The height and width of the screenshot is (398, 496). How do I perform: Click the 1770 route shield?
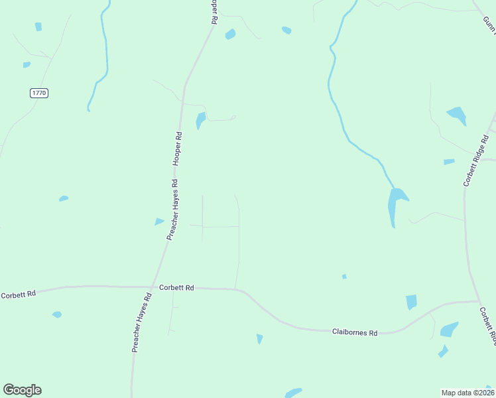coord(39,93)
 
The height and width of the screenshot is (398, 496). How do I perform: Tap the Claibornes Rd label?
coord(354,332)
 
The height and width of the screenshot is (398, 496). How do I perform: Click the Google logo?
coord(22,390)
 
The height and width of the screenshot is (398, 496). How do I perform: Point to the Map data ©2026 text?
coord(467,392)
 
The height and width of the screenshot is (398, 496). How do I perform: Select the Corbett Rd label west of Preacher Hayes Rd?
coord(18,294)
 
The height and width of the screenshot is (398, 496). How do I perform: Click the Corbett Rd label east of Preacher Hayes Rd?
coord(176,288)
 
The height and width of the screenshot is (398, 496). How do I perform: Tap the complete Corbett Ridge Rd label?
coord(476,159)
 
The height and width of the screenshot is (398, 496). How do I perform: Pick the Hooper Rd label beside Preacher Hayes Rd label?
coord(177,148)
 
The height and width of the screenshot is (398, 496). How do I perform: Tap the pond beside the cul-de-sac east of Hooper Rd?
coord(200,120)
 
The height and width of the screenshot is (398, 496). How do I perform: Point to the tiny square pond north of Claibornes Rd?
coord(344,276)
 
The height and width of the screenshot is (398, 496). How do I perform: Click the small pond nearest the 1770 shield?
coord(27,65)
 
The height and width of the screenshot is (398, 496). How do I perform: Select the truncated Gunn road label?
coord(489,24)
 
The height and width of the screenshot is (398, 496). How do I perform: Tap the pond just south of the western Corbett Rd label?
coord(57,314)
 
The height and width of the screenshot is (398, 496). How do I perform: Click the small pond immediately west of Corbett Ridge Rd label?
coord(449,162)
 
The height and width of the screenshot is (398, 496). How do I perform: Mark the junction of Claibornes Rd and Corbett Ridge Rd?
coord(479,302)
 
